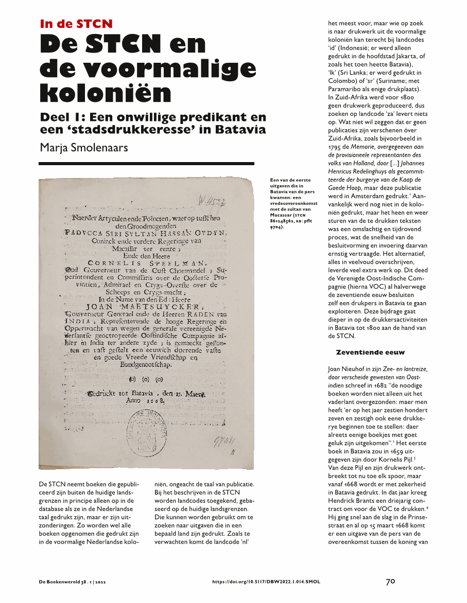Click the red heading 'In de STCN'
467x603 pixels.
(76, 24)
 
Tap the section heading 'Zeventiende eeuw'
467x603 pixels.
(370, 352)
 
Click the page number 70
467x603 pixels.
(391, 581)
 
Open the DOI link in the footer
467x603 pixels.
(266, 582)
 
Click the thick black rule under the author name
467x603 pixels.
(147, 164)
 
